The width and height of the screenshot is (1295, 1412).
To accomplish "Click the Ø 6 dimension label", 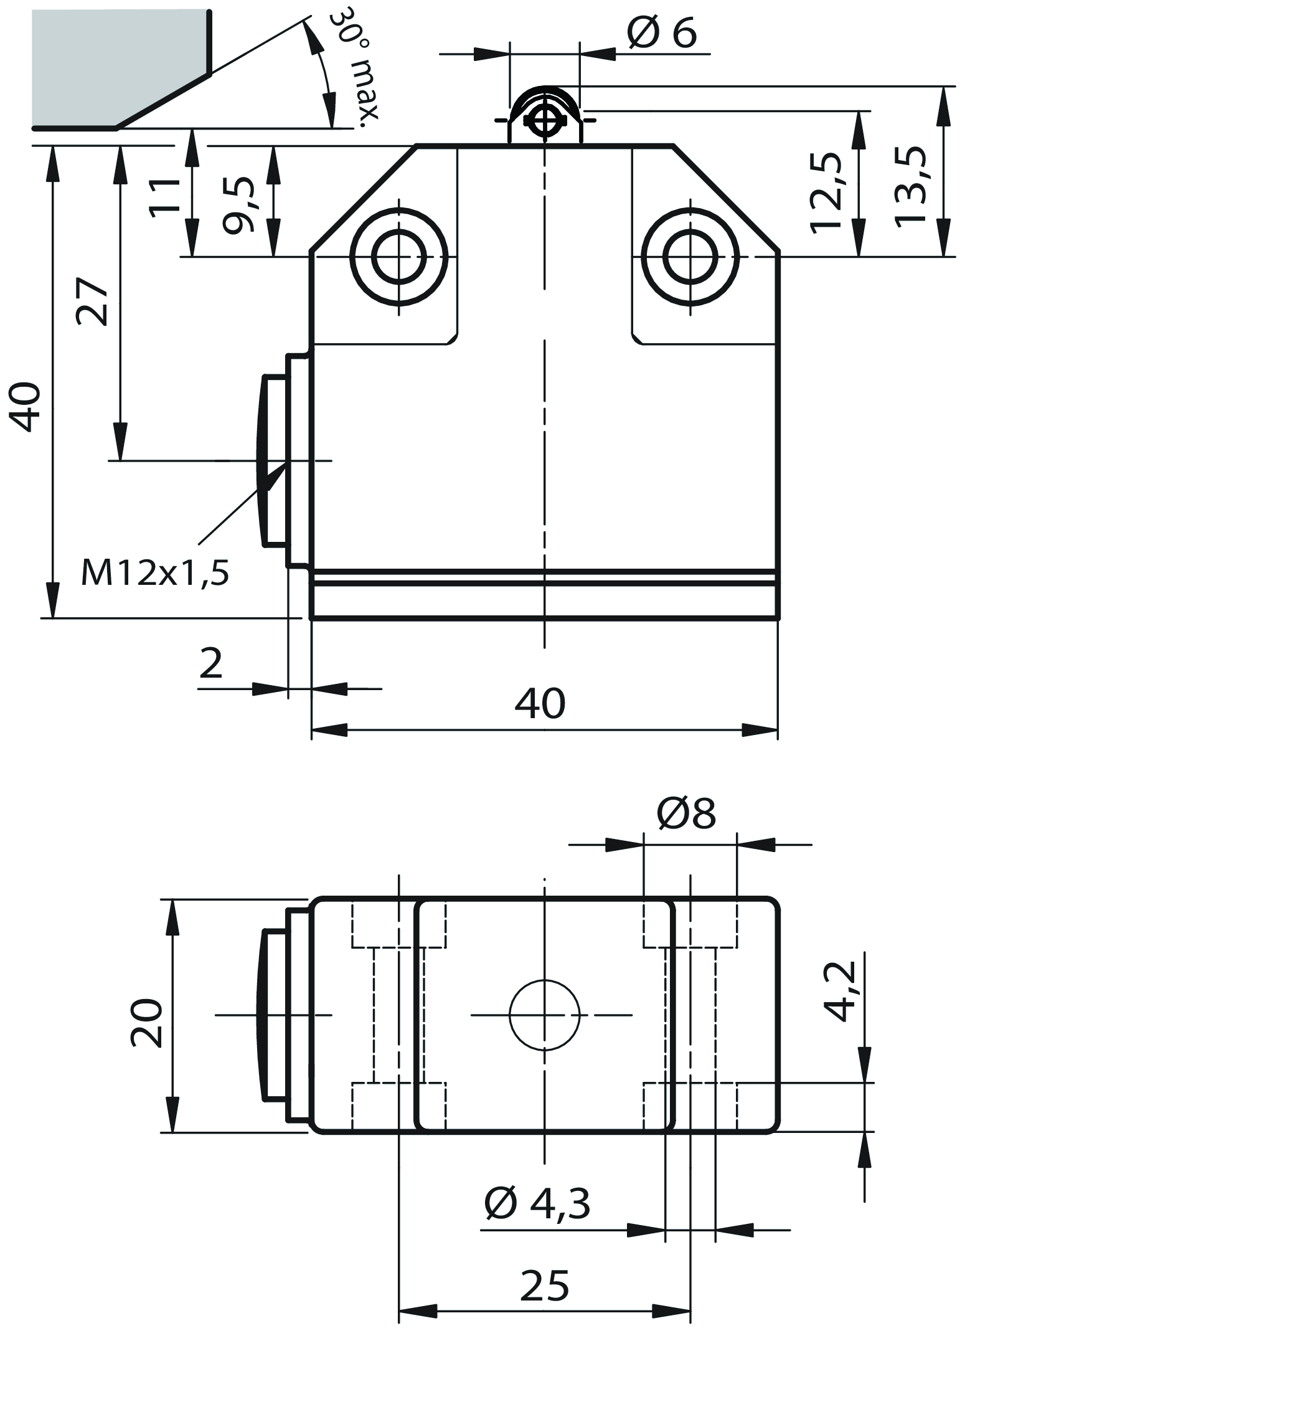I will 662,33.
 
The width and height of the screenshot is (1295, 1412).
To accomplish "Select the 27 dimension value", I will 93,301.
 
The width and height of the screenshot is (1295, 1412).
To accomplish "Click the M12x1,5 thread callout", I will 155,573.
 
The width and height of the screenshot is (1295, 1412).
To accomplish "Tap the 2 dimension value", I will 211,663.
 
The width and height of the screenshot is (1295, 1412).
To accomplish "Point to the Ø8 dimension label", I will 686,814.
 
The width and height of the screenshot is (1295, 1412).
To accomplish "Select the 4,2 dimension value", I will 841,992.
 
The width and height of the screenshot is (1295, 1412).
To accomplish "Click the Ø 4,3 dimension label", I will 537,1203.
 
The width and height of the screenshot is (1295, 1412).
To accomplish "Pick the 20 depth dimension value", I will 147,1023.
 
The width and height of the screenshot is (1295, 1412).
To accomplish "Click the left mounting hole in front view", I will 398,257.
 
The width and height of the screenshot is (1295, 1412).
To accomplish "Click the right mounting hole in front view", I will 690,257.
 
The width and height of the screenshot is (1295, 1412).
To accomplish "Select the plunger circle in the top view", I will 545,1015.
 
